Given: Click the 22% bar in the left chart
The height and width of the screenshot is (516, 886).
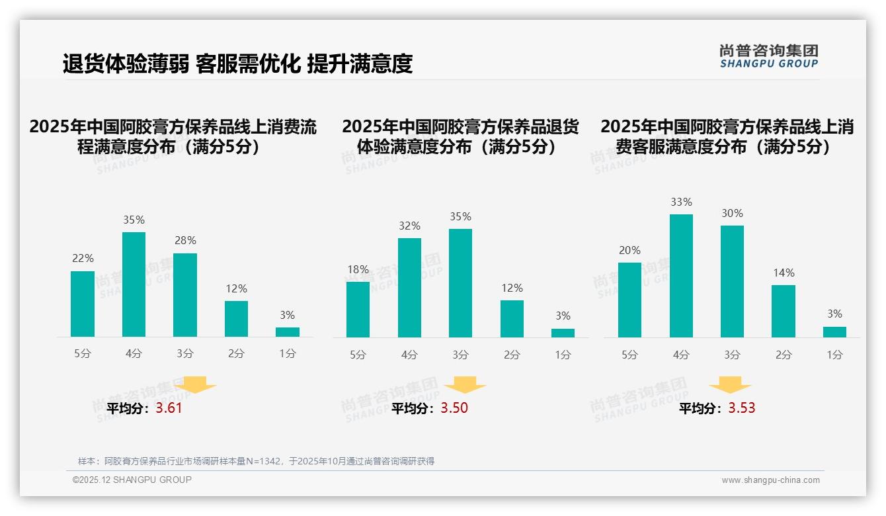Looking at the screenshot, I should point(83,304).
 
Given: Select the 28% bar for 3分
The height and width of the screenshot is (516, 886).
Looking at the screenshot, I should point(185,295).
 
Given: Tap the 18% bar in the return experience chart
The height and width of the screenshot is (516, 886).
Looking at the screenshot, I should point(358,310).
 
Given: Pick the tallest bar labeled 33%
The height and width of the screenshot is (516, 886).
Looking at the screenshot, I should point(681,276).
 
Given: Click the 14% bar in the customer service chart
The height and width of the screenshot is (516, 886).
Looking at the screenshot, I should point(784,311).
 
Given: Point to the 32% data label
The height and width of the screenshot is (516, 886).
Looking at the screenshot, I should point(409,226).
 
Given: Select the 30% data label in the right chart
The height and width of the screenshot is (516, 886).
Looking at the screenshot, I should point(732,214).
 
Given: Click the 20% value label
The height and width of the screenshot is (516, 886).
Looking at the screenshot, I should point(629,251).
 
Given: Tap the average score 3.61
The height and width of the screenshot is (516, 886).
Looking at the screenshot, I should point(169,408).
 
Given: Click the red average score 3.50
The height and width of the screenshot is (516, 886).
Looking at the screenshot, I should point(454,408).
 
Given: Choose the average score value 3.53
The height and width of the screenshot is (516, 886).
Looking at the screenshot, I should point(742,408).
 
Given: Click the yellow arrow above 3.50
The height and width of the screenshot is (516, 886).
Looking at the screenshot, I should point(465,385).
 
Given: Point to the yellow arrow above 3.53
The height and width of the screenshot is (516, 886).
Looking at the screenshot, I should point(730,385).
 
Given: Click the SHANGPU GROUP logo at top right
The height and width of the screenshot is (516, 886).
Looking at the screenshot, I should point(768,56).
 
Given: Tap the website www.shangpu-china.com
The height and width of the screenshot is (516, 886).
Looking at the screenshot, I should point(770,480).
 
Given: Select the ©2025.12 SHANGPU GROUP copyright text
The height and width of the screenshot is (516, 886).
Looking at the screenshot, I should point(132,480).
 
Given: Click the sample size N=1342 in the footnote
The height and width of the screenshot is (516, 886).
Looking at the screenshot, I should point(263,461).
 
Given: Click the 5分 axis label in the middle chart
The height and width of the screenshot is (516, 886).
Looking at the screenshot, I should point(358,355).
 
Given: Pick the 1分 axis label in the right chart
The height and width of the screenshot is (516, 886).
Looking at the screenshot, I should point(834,355).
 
